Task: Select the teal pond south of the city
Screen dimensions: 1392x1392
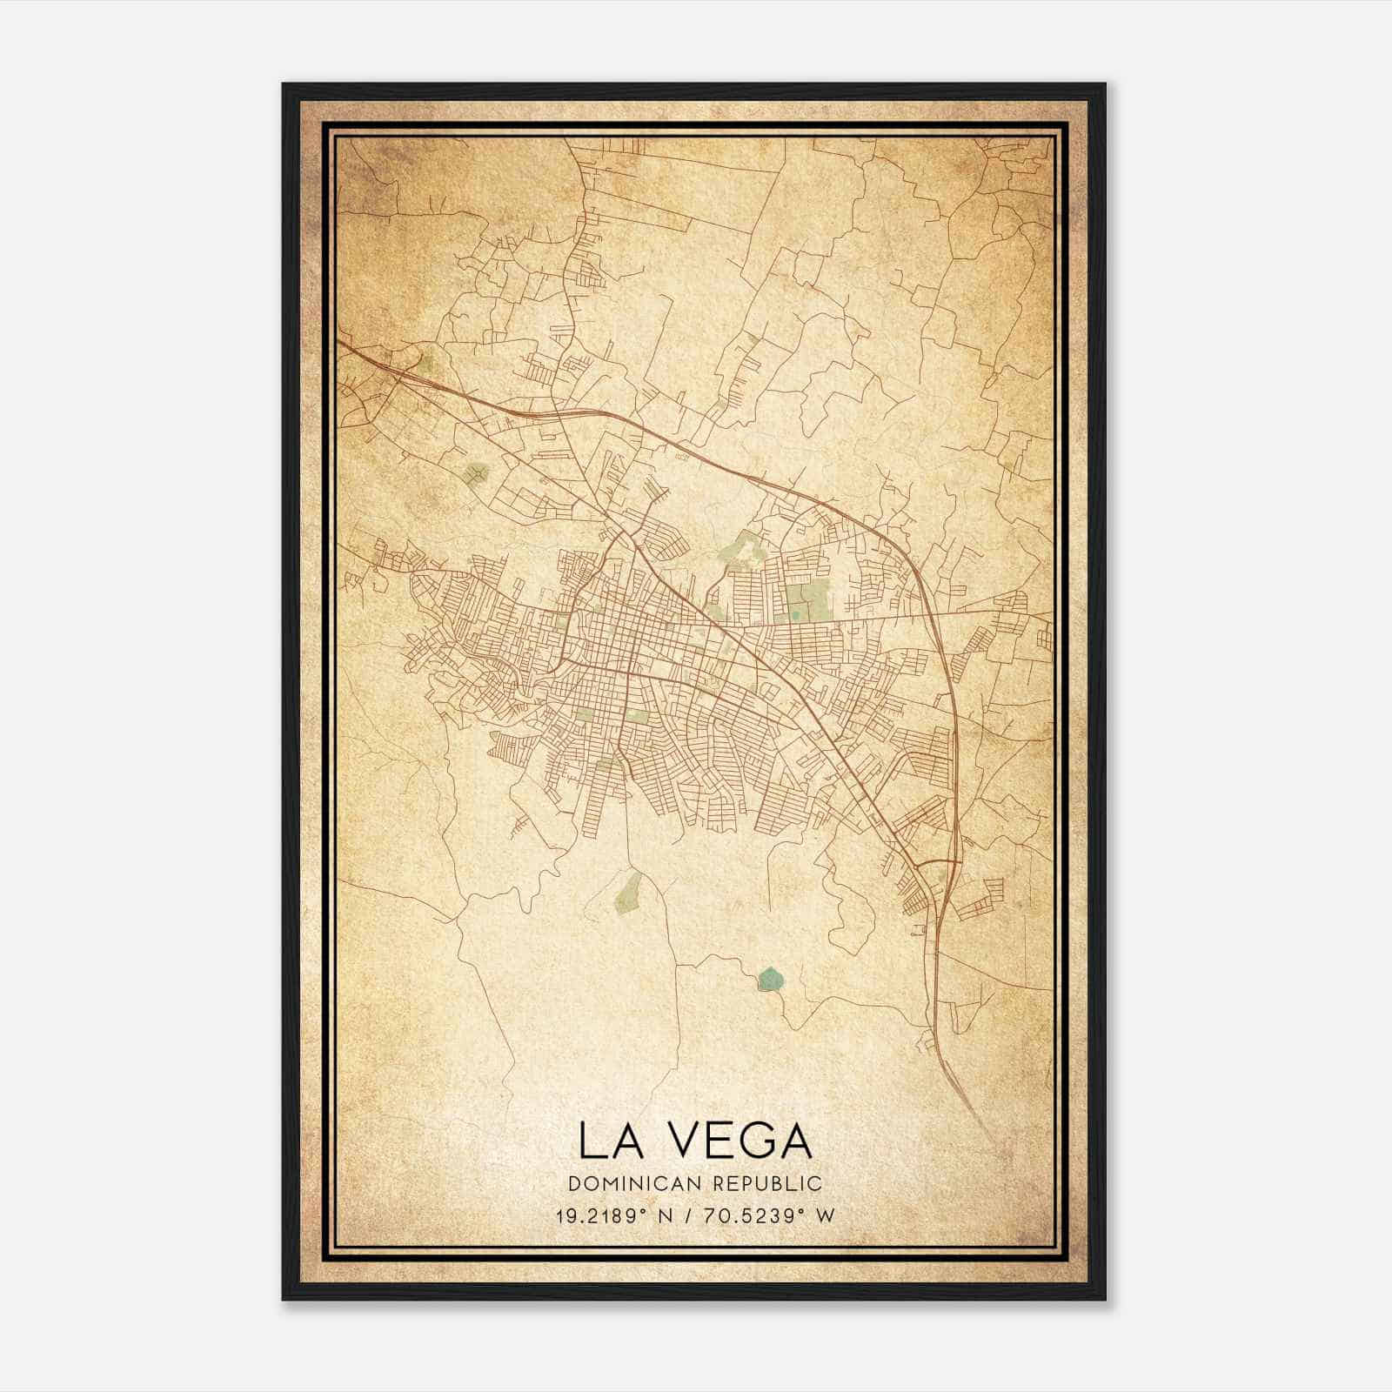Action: click(x=771, y=979)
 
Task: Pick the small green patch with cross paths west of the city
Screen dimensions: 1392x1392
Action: click(x=475, y=474)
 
